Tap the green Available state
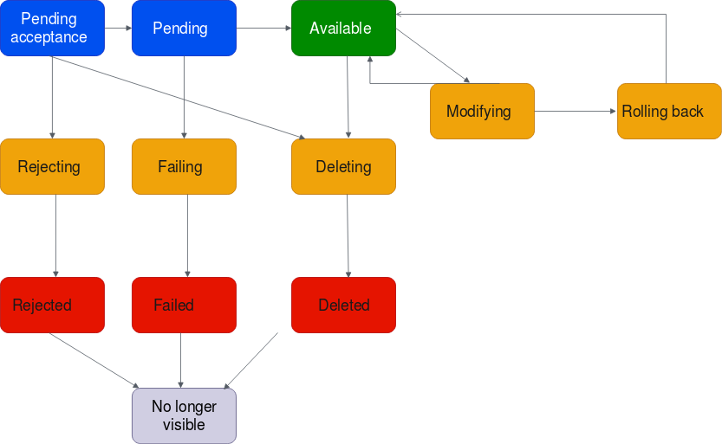[343, 28]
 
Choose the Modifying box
[482, 111]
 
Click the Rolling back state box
[668, 111]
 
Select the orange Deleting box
[343, 166]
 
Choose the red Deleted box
[343, 305]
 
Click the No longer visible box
[184, 415]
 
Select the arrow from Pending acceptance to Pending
[118, 29]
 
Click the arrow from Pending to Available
[263, 29]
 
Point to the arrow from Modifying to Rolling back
[576, 112]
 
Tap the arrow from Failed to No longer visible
[180, 360]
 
